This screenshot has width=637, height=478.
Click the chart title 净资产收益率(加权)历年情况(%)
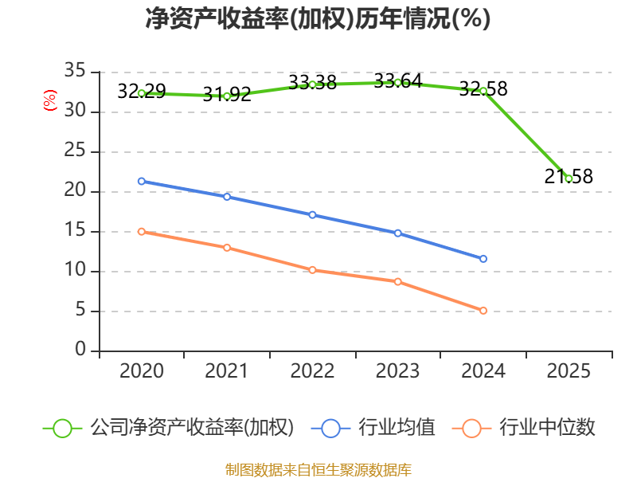(x=318, y=18)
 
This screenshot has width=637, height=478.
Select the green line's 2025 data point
(x=569, y=178)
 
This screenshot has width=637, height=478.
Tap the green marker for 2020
(x=142, y=93)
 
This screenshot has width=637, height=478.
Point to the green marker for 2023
(x=397, y=82)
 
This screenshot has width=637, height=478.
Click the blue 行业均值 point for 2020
(x=142, y=181)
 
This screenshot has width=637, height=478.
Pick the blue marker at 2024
(x=483, y=259)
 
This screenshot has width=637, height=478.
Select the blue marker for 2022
(x=312, y=215)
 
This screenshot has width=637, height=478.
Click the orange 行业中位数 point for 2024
(x=483, y=311)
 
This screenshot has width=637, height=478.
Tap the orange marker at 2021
(x=227, y=248)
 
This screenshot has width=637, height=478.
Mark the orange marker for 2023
(x=397, y=281)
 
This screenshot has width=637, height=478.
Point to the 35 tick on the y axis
(x=75, y=72)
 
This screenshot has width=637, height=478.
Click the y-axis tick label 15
(x=75, y=231)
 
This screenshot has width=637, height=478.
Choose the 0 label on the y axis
(x=80, y=351)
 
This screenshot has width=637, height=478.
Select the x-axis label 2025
(x=569, y=371)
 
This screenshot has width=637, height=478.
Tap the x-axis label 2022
(x=312, y=371)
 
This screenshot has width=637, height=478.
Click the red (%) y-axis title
(x=49, y=100)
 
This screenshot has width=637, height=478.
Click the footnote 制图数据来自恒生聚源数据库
(x=318, y=470)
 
